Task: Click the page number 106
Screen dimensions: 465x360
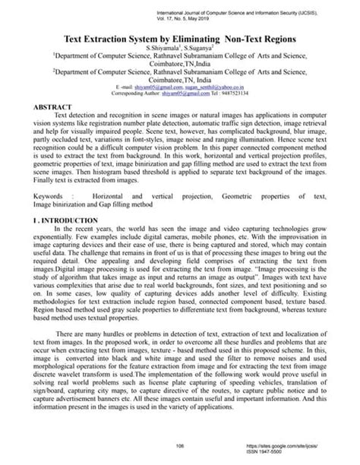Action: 180,446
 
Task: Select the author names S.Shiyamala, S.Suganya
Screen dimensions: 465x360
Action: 179,48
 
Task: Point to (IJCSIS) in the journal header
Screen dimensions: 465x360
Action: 336,13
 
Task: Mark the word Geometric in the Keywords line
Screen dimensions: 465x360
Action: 239,196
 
